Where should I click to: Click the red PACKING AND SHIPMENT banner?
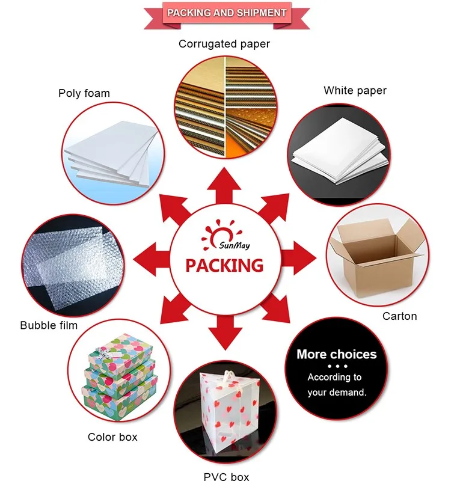pos(227,13)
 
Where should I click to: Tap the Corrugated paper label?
pos(224,44)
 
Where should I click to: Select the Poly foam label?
pos(84,93)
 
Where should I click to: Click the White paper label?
pos(355,91)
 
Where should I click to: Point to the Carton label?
pos(400,316)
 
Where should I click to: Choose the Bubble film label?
pos(49,325)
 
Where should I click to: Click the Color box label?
pos(112,437)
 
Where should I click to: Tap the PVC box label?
pos(225,477)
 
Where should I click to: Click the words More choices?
pos(337,354)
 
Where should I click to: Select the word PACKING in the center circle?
pos(224,265)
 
